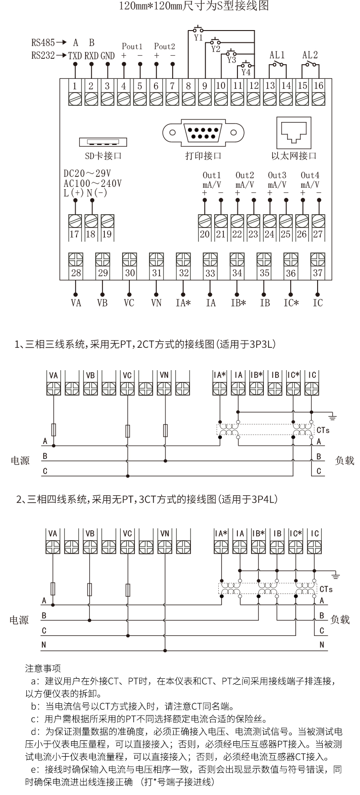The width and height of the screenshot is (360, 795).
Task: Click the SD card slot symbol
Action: click(103, 142)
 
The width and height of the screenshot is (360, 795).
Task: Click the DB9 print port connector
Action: click(203, 132)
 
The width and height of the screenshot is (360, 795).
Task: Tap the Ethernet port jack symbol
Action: click(294, 131)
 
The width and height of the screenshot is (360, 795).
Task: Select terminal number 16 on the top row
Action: click(318, 85)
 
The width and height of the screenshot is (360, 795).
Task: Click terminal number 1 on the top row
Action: click(75, 85)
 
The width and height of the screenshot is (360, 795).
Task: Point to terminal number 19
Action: click(107, 234)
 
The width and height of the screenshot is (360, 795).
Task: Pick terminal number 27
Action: click(318, 234)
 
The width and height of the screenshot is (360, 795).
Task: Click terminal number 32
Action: click(183, 273)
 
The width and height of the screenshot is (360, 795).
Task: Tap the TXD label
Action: click(75, 56)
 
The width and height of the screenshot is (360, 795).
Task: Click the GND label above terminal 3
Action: click(108, 56)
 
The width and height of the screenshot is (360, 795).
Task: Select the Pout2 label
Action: click(164, 46)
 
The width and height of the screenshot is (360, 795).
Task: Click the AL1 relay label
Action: click(277, 55)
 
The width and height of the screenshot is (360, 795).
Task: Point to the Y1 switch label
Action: click(198, 38)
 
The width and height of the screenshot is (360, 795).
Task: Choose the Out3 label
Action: click(277, 176)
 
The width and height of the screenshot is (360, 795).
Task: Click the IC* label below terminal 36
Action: click(291, 303)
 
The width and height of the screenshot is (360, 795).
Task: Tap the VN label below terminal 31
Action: click(156, 303)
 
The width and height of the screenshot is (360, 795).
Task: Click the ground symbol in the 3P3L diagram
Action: click(333, 417)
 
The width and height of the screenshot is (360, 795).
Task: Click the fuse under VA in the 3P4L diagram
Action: click(53, 589)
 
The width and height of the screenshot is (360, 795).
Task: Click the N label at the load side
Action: click(322, 645)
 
